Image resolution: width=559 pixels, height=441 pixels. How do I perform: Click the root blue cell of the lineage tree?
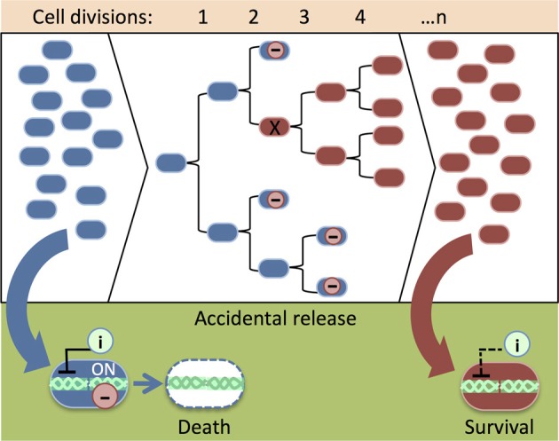point(170,162)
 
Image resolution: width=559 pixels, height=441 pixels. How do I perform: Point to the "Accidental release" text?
point(279,319)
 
